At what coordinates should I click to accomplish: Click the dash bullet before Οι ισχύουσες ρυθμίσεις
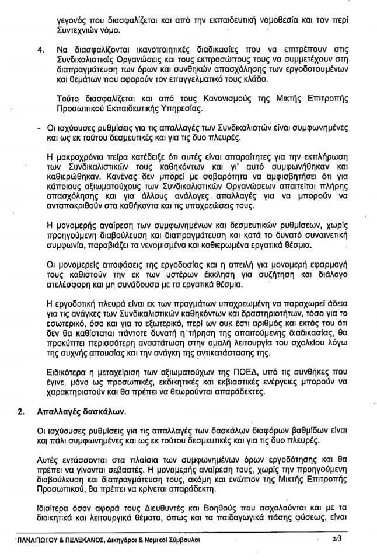[39, 128]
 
